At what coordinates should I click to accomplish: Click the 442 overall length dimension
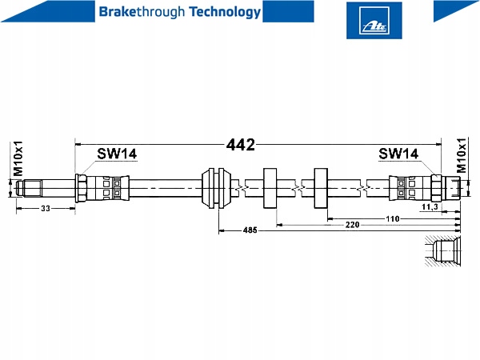point(240,145)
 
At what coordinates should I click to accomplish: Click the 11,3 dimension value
point(430,207)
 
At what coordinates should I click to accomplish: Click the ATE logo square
point(369,19)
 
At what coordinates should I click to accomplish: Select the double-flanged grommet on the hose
point(217,188)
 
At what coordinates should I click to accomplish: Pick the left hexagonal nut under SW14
point(82,189)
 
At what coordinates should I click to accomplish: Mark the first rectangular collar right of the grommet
point(269,188)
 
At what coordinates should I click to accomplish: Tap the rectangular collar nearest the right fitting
point(321,188)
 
